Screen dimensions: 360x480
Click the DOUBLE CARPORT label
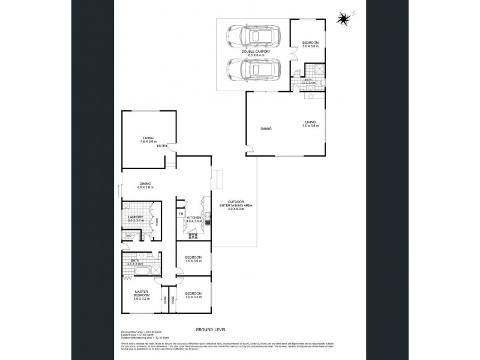[256, 54]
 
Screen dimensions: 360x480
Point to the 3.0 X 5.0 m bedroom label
[310, 44]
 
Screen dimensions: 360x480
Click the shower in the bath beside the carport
[319, 70]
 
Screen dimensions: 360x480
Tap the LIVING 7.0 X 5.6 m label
[310, 124]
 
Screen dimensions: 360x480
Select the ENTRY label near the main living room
[162, 146]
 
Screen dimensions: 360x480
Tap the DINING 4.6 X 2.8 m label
[145, 185]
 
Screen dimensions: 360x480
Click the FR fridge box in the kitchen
[181, 214]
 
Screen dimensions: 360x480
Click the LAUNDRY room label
[136, 219]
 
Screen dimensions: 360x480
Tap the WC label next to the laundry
[128, 236]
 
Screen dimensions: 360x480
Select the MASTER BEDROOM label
[141, 295]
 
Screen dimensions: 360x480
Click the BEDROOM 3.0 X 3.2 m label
[194, 295]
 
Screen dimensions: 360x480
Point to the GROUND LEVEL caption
[210, 329]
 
